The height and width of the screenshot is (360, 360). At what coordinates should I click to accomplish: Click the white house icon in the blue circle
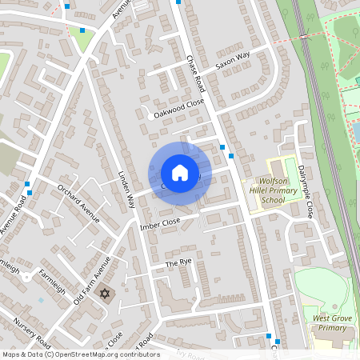(x=180, y=173)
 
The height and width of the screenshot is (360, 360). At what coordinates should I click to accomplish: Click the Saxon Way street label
(x=233, y=59)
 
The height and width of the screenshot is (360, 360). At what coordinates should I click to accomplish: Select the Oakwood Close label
(x=179, y=109)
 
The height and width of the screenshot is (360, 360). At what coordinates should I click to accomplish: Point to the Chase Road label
(x=196, y=73)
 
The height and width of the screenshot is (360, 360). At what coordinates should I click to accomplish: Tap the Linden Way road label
(x=124, y=190)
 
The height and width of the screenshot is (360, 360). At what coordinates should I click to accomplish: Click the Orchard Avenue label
(x=78, y=203)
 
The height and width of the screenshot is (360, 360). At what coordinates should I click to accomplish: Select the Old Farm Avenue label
(x=90, y=279)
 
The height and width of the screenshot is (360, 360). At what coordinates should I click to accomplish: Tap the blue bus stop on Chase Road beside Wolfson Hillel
(x=231, y=156)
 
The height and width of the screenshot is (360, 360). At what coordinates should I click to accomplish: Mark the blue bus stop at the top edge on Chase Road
(x=178, y=2)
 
